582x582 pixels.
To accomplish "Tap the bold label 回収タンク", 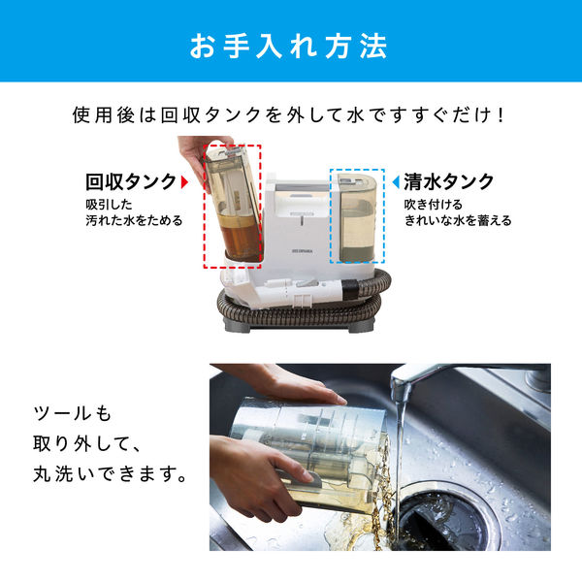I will pos(131,181).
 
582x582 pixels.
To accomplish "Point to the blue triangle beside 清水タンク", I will pos(396,181).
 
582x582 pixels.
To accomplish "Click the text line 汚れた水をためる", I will pos(131,221).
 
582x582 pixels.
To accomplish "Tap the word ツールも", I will pos(70,414).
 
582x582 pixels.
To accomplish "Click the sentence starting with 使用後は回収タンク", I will pos(290,113).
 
